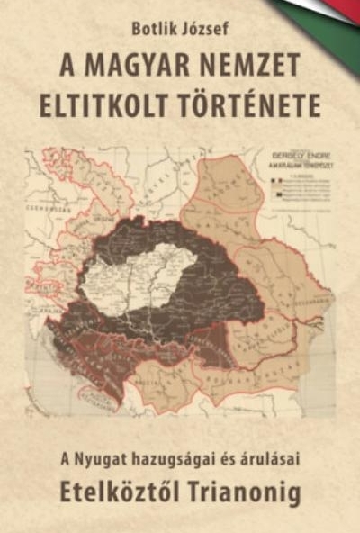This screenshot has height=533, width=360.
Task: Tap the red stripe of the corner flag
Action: pos(346,7)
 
